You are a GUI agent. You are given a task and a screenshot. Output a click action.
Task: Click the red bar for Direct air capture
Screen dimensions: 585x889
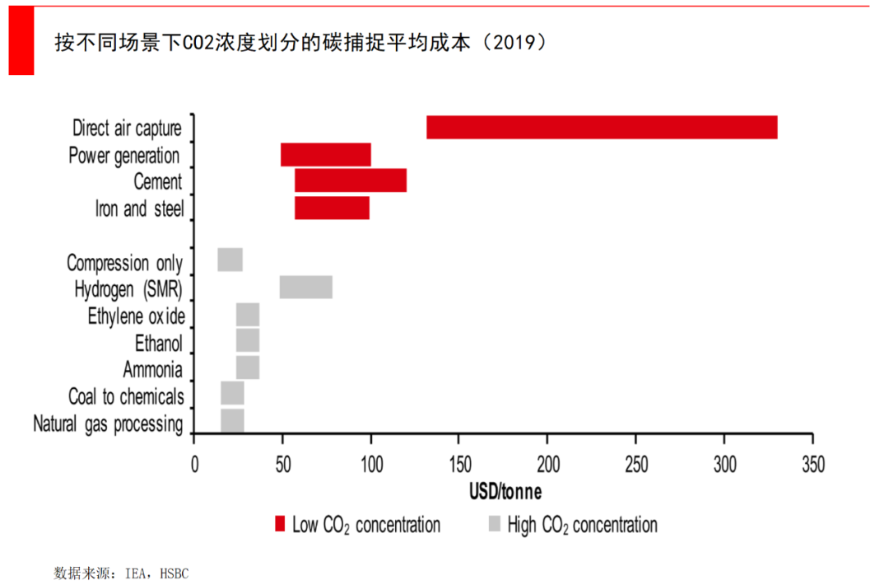click(602, 128)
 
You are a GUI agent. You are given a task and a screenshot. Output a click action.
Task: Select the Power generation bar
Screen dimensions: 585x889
click(326, 155)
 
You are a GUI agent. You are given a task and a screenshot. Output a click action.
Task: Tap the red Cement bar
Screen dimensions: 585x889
click(351, 180)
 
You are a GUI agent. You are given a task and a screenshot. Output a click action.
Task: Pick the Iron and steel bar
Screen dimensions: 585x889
click(332, 208)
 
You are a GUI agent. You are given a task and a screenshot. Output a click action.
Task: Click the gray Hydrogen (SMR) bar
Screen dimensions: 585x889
click(306, 287)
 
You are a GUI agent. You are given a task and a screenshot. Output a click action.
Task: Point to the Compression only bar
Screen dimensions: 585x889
click(230, 260)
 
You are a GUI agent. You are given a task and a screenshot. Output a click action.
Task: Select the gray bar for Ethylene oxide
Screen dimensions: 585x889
click(248, 315)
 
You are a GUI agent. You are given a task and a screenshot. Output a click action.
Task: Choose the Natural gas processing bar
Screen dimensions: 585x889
click(232, 420)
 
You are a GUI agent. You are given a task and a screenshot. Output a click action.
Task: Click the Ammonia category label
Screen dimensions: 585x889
click(153, 370)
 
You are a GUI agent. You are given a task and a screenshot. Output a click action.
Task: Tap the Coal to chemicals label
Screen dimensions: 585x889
click(126, 396)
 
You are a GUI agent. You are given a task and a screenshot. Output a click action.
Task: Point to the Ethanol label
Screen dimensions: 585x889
click(159, 343)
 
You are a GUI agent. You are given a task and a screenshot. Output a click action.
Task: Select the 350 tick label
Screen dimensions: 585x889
click(812, 463)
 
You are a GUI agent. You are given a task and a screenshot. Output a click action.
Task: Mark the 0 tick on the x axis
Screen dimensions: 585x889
click(194, 463)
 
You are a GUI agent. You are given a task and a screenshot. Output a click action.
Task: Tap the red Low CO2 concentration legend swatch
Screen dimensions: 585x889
click(280, 524)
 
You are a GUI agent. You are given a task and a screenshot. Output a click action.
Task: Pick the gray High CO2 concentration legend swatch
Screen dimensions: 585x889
click(495, 524)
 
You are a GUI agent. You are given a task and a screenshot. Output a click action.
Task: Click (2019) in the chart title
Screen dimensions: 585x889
click(517, 43)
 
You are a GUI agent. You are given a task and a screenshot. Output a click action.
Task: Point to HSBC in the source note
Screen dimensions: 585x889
click(174, 573)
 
